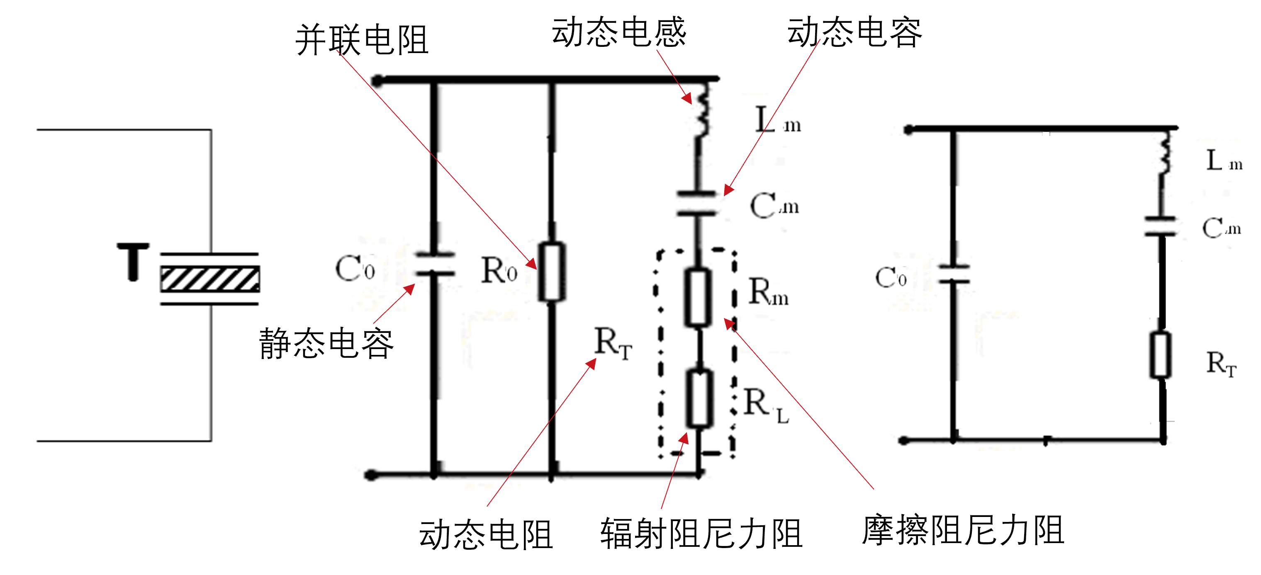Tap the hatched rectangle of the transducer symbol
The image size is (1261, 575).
tap(210, 279)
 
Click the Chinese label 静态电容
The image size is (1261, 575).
tap(326, 344)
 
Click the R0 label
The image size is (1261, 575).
tap(499, 270)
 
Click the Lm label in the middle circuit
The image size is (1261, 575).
tap(777, 121)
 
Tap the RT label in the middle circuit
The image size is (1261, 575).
tap(613, 344)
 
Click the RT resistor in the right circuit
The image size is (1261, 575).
tap(1160, 355)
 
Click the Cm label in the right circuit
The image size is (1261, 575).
tap(1221, 228)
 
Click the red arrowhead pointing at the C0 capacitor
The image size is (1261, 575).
tap(409, 289)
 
